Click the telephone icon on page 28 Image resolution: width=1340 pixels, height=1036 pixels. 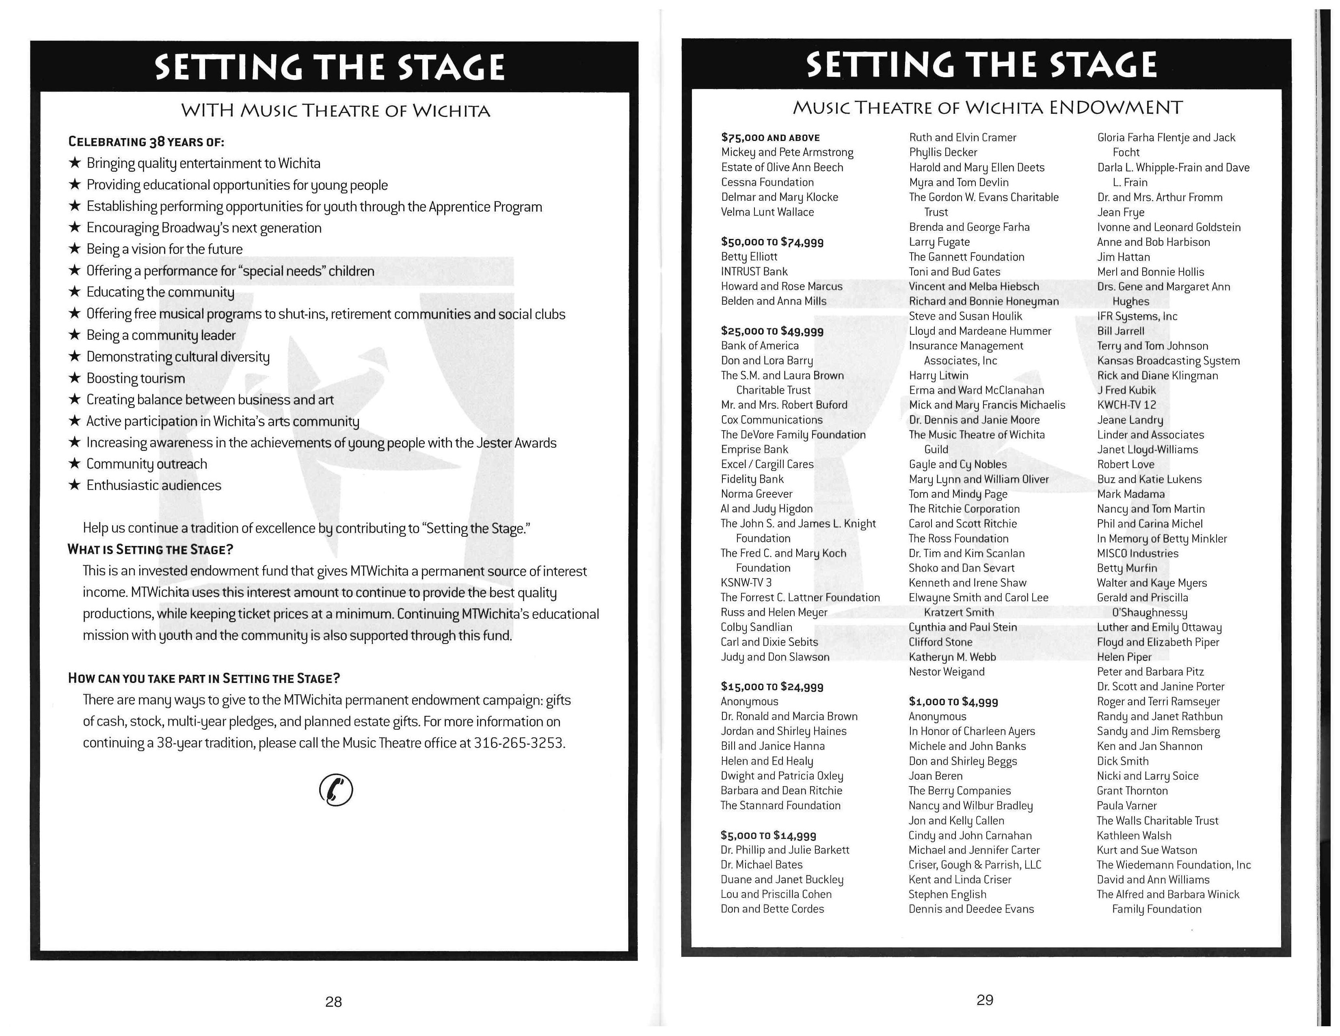(x=336, y=790)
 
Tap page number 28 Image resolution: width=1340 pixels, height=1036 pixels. (x=333, y=1001)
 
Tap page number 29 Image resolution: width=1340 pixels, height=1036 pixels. (x=984, y=1000)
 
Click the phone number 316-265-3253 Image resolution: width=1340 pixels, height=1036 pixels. (x=519, y=743)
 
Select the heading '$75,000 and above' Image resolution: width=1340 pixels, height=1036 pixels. (x=770, y=137)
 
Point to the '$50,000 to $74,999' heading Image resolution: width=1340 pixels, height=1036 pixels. (x=772, y=242)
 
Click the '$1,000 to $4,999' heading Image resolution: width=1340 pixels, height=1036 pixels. (x=953, y=702)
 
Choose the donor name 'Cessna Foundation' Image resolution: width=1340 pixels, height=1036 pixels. (x=767, y=182)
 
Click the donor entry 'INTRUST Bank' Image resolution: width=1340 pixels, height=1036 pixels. (x=754, y=271)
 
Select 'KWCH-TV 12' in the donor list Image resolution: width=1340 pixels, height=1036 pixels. (x=1126, y=405)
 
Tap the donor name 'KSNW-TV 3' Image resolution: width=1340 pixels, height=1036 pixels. (x=746, y=583)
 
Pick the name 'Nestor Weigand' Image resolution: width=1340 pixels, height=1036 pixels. (x=946, y=672)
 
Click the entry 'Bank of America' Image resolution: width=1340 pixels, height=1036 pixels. (x=760, y=346)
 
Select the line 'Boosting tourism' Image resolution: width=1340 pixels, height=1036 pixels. (x=136, y=378)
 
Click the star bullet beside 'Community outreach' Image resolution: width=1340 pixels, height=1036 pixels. (x=74, y=464)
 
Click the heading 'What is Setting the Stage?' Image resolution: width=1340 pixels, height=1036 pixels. (x=150, y=549)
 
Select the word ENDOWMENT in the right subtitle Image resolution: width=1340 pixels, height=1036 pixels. (x=1115, y=108)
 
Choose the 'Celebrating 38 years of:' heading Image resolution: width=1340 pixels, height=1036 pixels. (x=146, y=142)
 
